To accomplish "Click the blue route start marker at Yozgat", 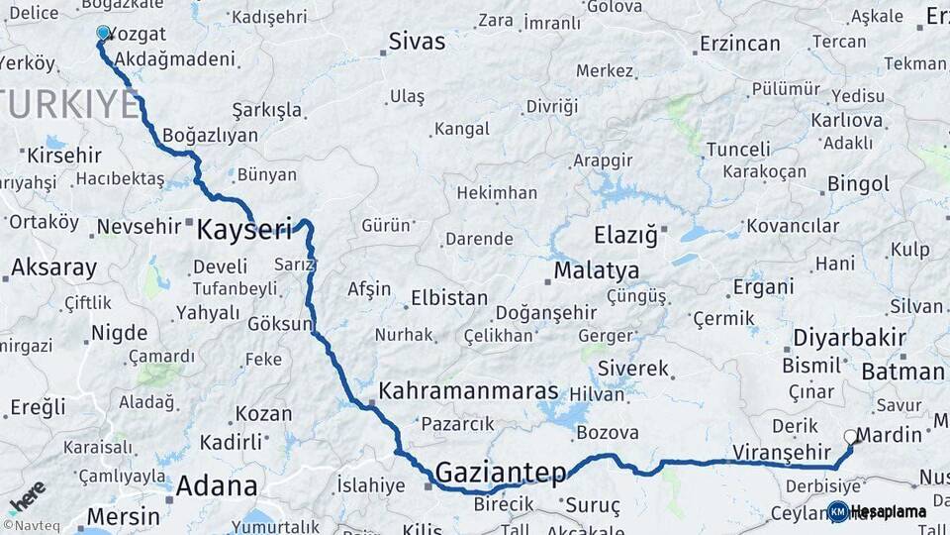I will click(x=103, y=33).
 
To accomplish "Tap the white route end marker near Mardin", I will click(x=849, y=436).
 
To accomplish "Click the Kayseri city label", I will click(x=244, y=230).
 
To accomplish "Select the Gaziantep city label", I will click(x=500, y=472).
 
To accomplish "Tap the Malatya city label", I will click(x=596, y=269).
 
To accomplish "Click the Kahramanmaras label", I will click(x=468, y=390).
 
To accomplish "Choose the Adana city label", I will click(x=217, y=486).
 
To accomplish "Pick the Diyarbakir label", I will click(x=849, y=338).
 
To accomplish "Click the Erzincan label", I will click(x=739, y=44).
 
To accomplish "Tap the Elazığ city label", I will click(x=624, y=236).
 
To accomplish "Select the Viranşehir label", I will click(x=768, y=452).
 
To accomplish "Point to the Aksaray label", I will click(x=53, y=267).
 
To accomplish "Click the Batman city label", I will click(x=902, y=372).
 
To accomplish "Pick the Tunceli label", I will click(x=737, y=150).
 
